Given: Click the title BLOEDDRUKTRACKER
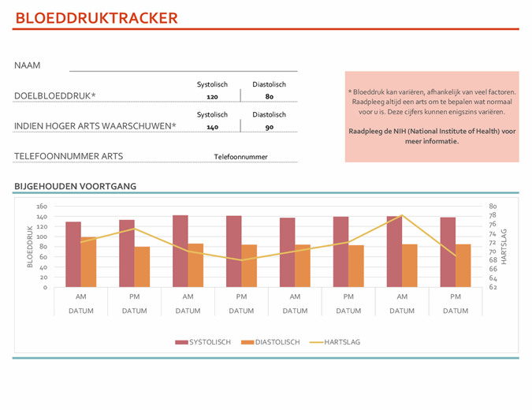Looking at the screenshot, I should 96,18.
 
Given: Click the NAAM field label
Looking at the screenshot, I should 28,65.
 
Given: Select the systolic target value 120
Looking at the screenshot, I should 212,97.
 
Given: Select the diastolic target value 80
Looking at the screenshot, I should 269,97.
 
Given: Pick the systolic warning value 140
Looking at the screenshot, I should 212,127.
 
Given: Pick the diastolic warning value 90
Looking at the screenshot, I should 269,127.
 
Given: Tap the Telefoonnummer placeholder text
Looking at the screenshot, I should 240,157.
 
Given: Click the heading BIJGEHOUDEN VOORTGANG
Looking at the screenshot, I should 75,186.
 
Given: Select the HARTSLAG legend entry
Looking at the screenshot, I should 335,342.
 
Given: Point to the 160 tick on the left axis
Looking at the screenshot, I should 42,207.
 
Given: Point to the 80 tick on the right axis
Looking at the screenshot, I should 493,207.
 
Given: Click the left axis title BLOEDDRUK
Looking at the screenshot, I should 30,247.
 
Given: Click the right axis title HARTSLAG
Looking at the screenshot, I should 504,247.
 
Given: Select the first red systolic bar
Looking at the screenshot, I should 73,254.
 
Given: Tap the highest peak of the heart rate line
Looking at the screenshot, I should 402,215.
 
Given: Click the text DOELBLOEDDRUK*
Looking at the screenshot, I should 55,96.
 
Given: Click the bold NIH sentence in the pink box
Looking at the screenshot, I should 432,136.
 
